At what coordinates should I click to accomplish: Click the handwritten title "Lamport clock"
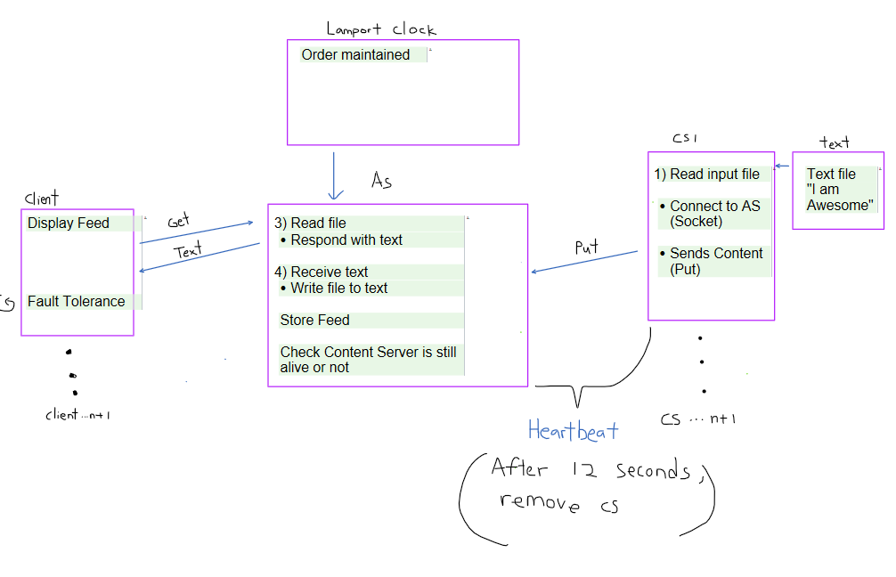(x=380, y=28)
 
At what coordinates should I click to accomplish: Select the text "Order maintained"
(x=355, y=55)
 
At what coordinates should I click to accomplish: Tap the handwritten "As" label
(x=381, y=181)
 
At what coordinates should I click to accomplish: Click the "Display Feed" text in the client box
(x=69, y=223)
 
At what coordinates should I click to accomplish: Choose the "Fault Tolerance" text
(x=77, y=302)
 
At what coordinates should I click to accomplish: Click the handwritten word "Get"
(x=179, y=222)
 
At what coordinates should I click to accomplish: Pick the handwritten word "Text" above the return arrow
(x=188, y=252)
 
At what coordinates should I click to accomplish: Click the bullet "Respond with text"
(x=346, y=240)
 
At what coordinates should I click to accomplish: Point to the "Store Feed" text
(x=314, y=321)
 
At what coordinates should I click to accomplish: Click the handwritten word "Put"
(x=586, y=248)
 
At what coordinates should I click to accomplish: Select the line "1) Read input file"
(x=707, y=175)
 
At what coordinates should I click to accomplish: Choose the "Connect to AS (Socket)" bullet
(x=715, y=214)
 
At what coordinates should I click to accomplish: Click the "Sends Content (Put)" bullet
(x=716, y=261)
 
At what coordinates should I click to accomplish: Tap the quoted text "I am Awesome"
(x=839, y=198)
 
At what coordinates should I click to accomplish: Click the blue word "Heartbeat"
(x=573, y=432)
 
